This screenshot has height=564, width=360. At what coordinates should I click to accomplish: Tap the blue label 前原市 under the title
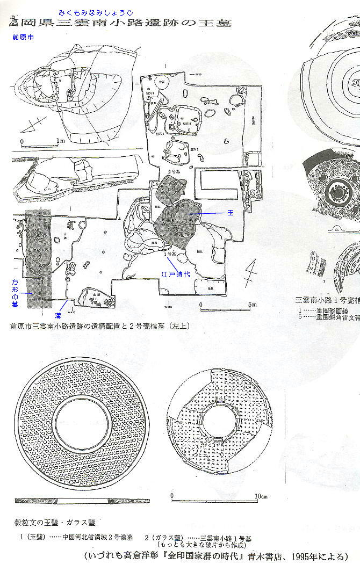pyautogui.click(x=22, y=38)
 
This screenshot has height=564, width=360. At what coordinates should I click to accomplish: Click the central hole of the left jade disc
pyautogui.click(x=80, y=426)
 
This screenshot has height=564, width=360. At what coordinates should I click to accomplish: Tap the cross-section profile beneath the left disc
pyautogui.click(x=81, y=501)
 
